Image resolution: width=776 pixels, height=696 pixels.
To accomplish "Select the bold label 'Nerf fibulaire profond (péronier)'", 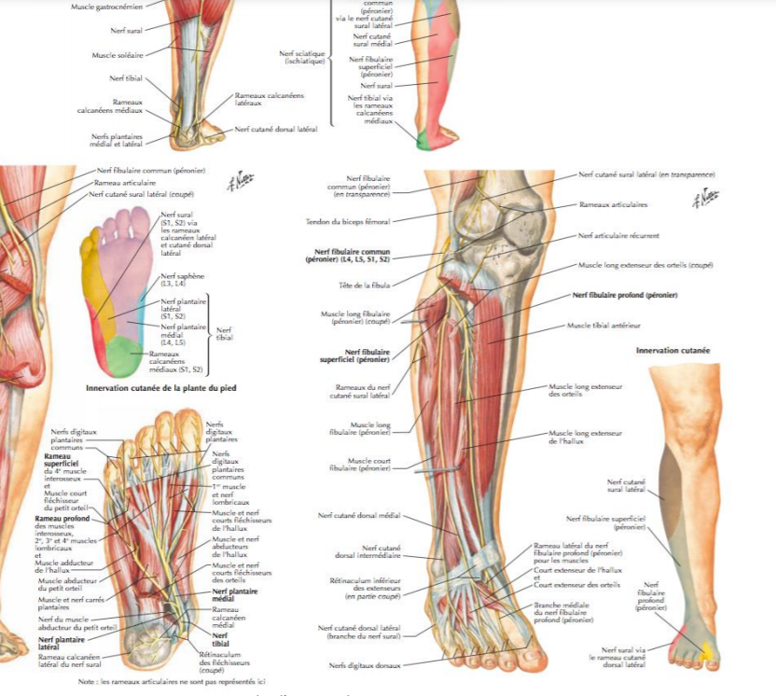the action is [x=625, y=295].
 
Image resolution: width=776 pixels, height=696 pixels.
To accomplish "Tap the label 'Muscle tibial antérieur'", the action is [x=603, y=326].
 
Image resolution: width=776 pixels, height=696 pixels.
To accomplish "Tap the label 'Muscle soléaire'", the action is [x=116, y=55].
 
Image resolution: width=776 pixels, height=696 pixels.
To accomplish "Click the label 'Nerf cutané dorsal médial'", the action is [x=359, y=515].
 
